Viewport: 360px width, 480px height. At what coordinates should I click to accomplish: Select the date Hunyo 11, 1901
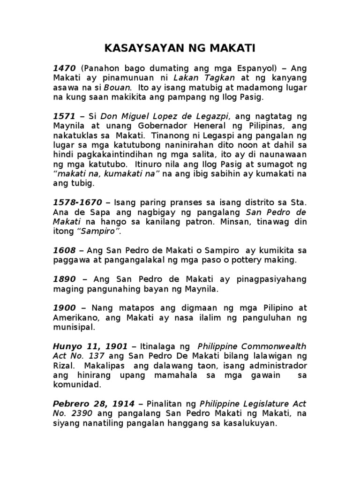(x=90, y=346)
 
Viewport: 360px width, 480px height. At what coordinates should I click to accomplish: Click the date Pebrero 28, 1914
(x=94, y=404)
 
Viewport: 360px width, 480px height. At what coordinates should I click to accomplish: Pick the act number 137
(x=97, y=356)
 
